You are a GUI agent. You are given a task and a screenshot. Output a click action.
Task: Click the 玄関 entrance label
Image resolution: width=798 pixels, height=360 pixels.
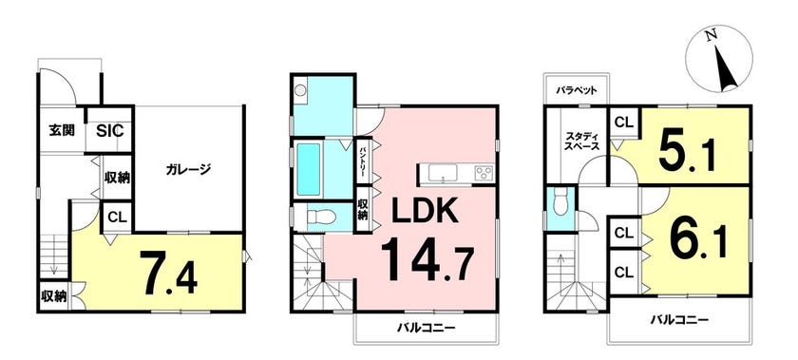(x=62, y=130)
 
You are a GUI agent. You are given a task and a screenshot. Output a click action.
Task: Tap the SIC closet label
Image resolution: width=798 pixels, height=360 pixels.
(x=110, y=130)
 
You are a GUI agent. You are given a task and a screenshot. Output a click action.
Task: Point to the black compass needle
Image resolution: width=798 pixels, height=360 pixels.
(x=726, y=67)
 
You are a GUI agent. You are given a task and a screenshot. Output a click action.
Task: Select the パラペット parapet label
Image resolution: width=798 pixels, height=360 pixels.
(x=576, y=91)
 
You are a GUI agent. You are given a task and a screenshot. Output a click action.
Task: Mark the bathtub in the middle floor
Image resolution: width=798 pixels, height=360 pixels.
(x=308, y=169)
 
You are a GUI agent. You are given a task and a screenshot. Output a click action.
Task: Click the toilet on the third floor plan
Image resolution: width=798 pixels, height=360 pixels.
(x=560, y=202)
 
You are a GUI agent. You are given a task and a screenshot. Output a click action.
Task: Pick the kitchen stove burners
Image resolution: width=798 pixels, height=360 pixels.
(x=484, y=172)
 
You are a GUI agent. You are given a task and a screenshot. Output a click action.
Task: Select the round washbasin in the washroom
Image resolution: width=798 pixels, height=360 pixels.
(x=301, y=90)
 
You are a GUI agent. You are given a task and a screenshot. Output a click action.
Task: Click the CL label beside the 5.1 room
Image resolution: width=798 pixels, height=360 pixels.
(x=624, y=123)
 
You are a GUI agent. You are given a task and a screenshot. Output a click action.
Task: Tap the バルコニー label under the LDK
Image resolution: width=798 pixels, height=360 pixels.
(x=426, y=327)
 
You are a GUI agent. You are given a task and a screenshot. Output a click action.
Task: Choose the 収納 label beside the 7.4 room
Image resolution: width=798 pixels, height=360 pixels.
(x=54, y=296)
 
